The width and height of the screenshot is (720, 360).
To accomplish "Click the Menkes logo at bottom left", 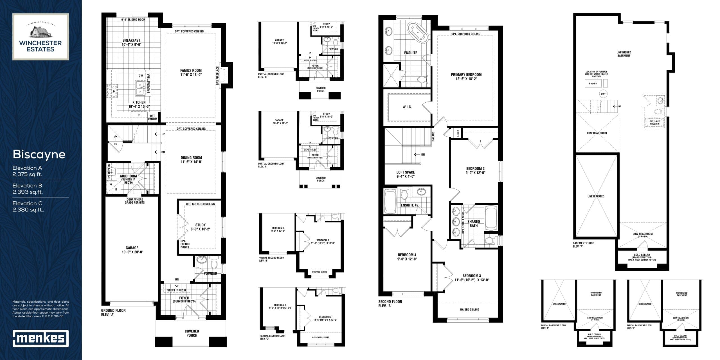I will [x=41, y=338].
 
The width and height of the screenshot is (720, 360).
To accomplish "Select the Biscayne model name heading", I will [x=39, y=154].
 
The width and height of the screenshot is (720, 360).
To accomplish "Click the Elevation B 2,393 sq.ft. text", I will [x=28, y=189].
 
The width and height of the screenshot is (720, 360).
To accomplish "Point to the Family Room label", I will [x=191, y=71].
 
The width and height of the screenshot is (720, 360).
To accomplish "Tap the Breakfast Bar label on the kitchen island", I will [x=148, y=84].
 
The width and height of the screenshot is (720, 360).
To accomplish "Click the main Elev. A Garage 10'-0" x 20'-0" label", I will [x=132, y=250].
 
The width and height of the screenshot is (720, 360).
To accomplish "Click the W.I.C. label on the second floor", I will [x=407, y=107].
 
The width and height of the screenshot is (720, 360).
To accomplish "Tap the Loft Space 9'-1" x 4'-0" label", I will [x=405, y=174].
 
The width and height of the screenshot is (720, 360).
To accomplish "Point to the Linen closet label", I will [x=458, y=133].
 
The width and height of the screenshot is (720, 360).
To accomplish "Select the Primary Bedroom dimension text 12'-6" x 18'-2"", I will [x=466, y=79].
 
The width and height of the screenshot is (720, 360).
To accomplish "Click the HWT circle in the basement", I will [x=603, y=94].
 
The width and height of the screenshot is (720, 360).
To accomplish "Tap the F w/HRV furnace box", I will [x=593, y=84].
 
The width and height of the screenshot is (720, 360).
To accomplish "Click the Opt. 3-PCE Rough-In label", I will [x=654, y=123].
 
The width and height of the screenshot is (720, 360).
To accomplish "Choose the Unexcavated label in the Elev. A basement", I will [x=596, y=196].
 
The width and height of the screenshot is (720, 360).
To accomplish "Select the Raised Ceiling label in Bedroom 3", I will [x=469, y=309].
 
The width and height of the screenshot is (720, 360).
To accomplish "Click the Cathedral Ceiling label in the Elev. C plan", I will [x=320, y=337].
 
